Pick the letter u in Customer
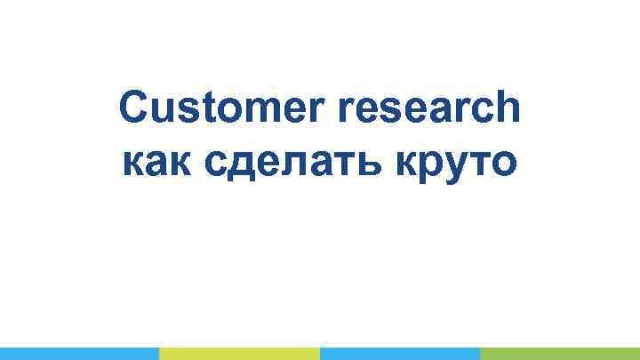[160, 111]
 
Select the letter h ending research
[508, 109]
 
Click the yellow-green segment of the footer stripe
[239, 353]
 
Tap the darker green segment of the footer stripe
[559, 353]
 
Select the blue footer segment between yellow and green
[399, 353]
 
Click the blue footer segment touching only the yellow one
[79, 353]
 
